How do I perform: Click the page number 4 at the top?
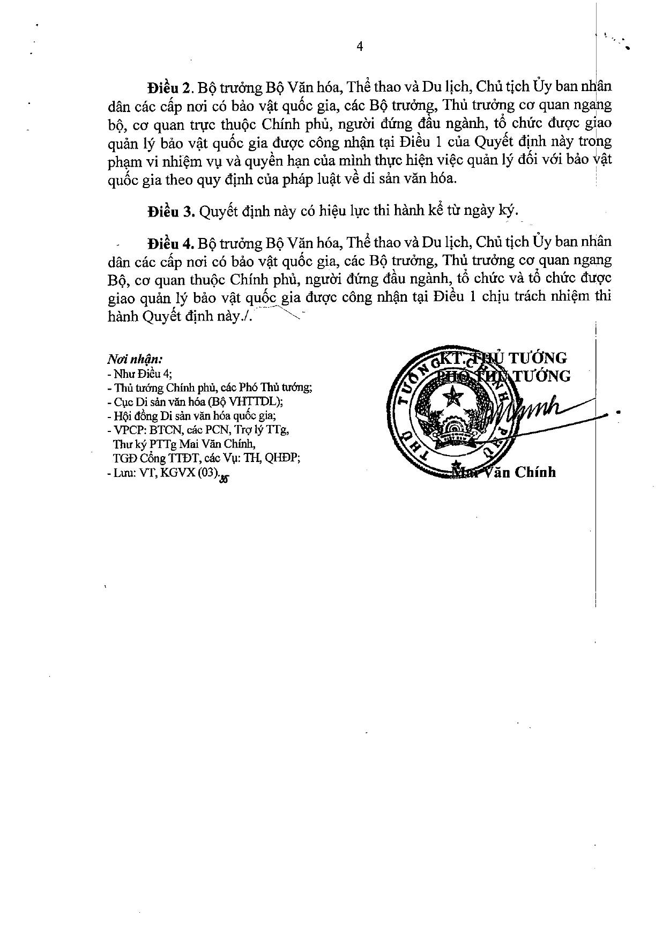click(x=360, y=47)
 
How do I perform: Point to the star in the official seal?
click(x=456, y=398)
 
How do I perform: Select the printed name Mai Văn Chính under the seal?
click(x=504, y=472)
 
